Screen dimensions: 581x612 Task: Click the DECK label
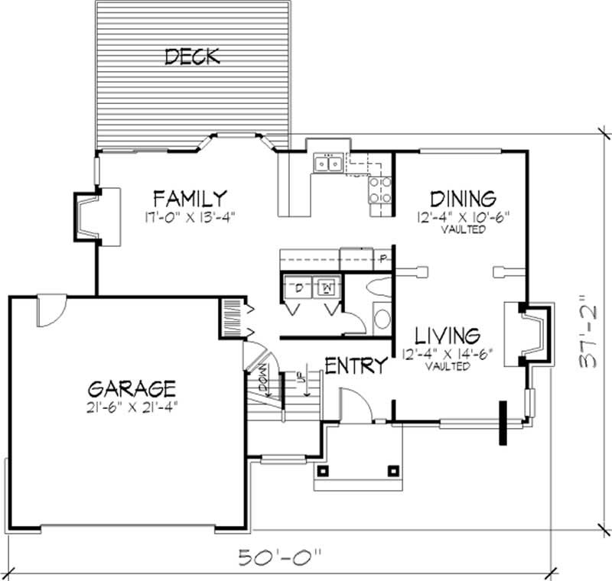tap(192, 56)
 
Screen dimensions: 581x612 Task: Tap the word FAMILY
tap(188, 198)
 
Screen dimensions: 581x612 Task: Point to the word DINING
tap(463, 199)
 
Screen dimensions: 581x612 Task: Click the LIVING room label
tap(448, 336)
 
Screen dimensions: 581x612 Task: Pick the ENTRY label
tap(356, 366)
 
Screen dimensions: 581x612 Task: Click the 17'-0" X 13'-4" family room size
tap(188, 216)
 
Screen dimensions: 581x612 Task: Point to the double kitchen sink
tap(330, 163)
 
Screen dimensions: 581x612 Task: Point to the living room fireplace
tap(533, 331)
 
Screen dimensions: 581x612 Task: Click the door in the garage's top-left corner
tap(51, 309)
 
